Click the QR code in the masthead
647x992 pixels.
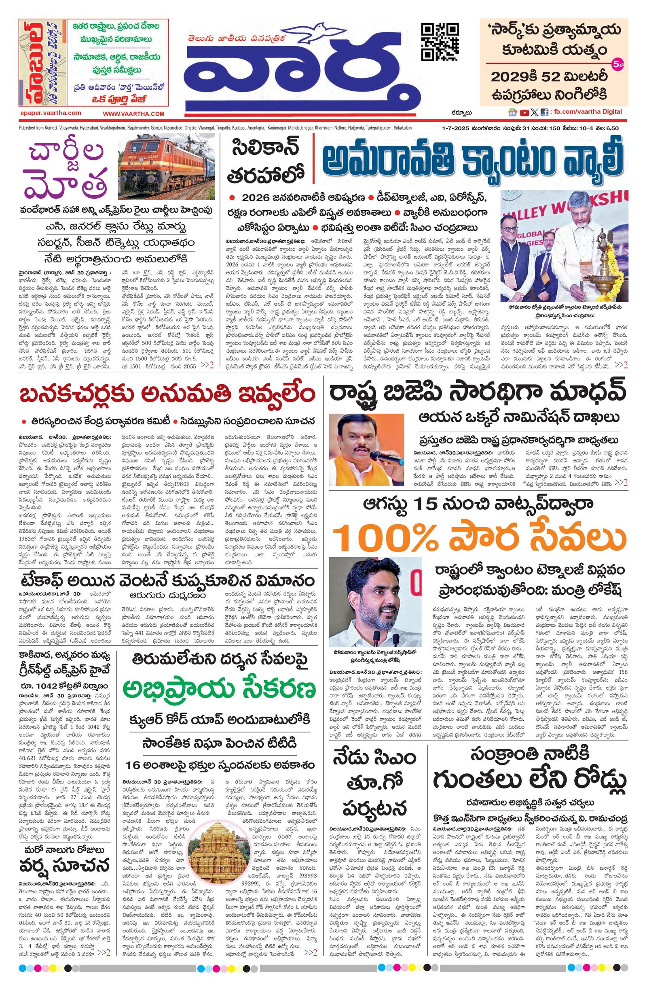click(440, 42)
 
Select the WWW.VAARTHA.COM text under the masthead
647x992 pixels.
click(134, 114)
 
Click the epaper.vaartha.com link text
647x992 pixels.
click(51, 113)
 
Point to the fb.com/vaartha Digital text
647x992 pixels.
click(587, 112)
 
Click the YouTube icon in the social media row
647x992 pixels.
click(524, 112)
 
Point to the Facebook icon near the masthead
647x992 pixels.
click(544, 112)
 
